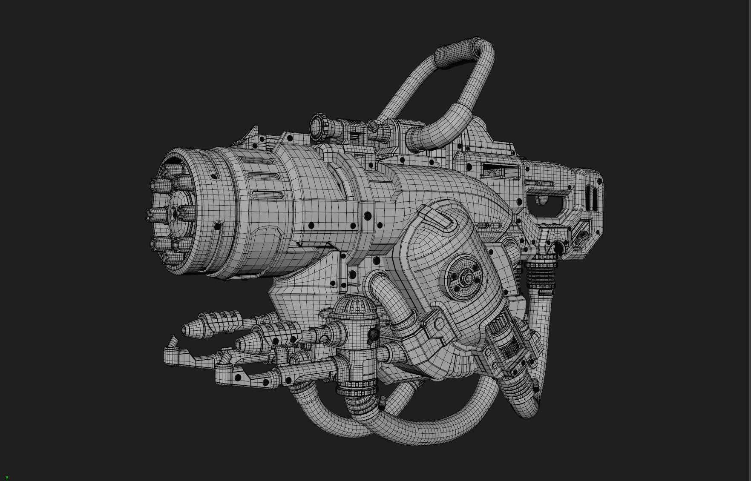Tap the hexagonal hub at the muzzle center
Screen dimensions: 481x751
pos(175,212)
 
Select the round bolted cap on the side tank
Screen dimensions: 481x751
pos(465,277)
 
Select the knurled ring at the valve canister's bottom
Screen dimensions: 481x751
pos(357,389)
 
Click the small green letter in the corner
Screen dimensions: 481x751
pos(7,478)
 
